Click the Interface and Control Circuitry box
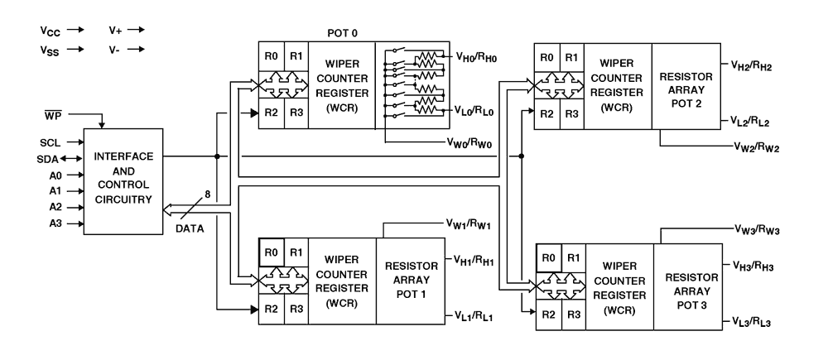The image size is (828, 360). pyautogui.click(x=122, y=180)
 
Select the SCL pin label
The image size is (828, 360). pyautogui.click(x=51, y=143)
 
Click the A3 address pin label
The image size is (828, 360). pyautogui.click(x=51, y=223)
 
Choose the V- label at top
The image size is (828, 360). pyautogui.click(x=113, y=50)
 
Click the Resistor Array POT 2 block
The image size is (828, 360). pyautogui.click(x=685, y=84)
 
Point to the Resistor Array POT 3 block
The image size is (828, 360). pyautogui.click(x=686, y=287)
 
